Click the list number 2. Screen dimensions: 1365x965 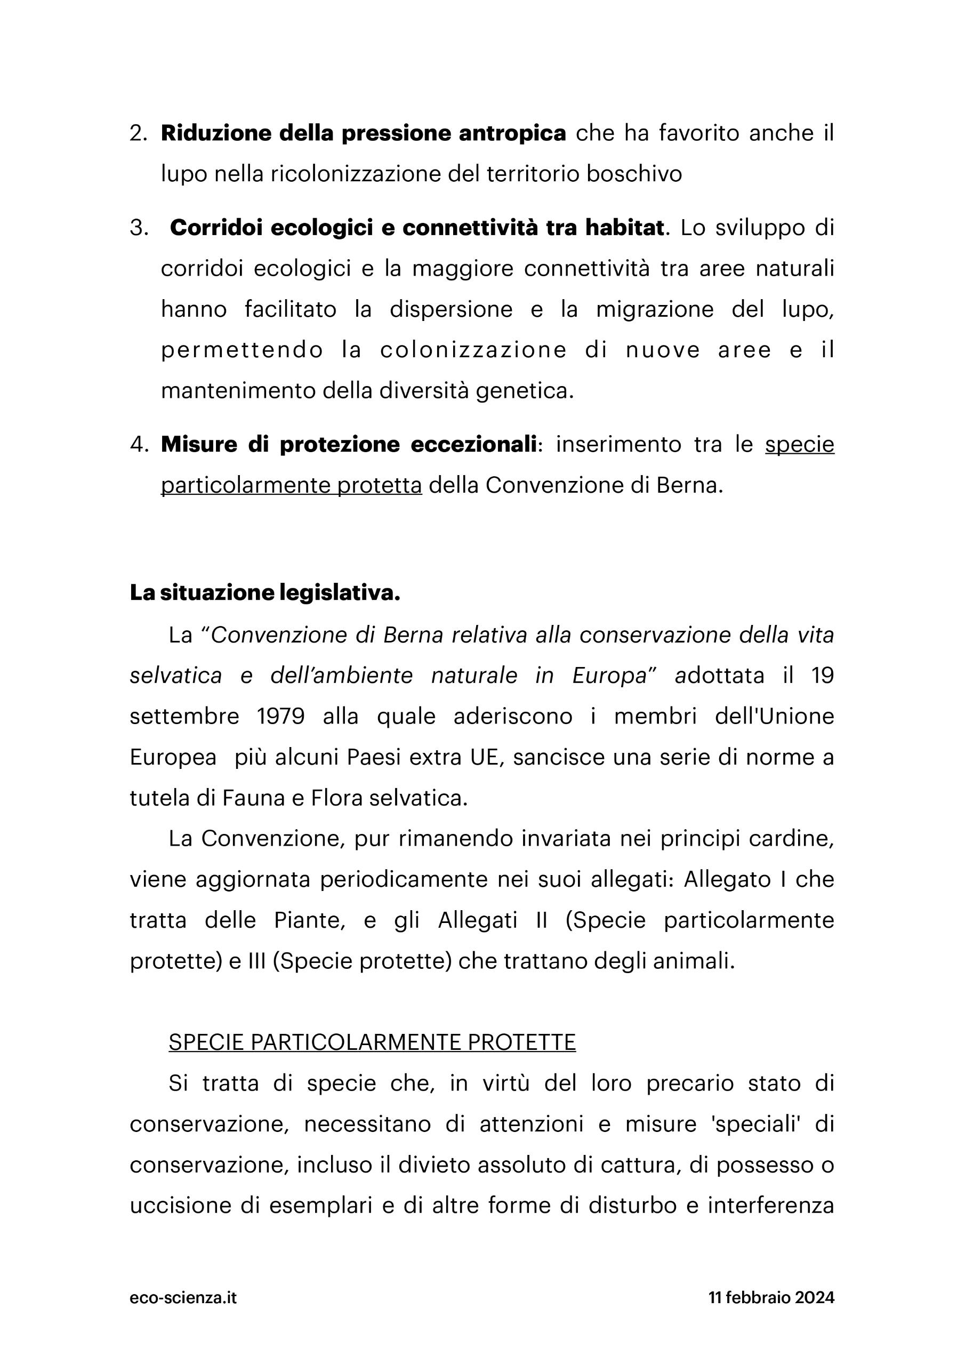[138, 134]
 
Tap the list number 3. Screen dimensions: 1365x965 [139, 228]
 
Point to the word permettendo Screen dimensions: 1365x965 [242, 350]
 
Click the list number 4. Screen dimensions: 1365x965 [139, 445]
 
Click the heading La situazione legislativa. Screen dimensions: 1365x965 [265, 593]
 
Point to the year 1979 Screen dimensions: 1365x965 [280, 717]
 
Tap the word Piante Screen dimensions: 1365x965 [310, 920]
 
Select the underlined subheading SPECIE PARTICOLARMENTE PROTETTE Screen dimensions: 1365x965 [372, 1042]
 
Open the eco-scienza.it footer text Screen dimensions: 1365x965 [183, 1298]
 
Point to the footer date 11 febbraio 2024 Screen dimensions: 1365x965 [771, 1298]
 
